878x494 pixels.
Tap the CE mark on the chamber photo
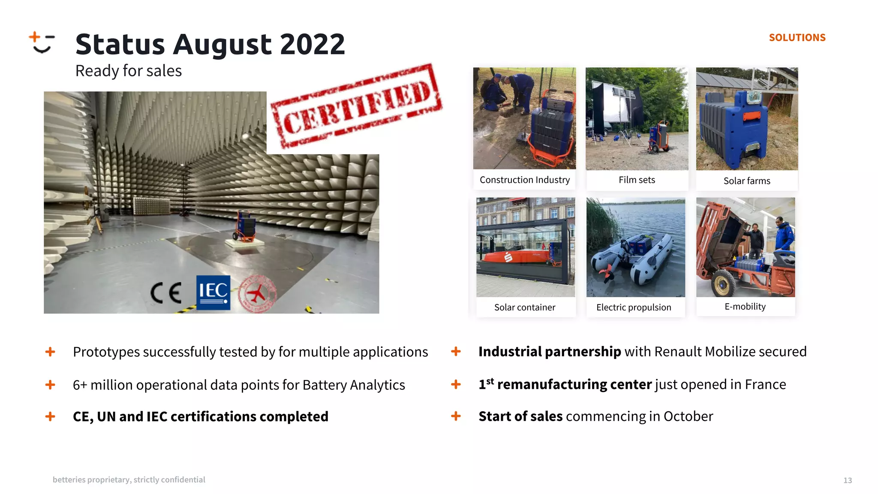(166, 293)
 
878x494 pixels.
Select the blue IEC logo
(213, 292)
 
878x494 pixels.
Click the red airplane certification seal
(257, 294)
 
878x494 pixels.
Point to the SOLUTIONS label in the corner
(797, 38)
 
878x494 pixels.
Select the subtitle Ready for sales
(129, 71)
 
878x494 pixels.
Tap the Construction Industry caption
(525, 180)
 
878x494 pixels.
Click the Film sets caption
(637, 180)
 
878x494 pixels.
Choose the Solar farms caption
(747, 181)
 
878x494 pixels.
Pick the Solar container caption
(525, 307)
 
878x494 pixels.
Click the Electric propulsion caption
(634, 307)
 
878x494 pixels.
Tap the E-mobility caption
(745, 307)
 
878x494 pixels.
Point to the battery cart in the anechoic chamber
(245, 226)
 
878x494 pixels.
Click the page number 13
(848, 480)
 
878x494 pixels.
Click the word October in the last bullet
(688, 416)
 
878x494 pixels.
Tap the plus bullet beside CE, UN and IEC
(50, 416)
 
